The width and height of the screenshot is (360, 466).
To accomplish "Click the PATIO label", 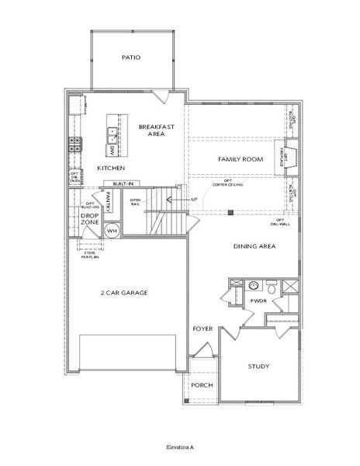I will point(131,57).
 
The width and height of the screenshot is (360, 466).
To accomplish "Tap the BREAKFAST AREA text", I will point(154,130).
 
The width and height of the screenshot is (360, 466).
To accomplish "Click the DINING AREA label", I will point(254,247).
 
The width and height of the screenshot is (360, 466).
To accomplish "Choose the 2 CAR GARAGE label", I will point(123,293).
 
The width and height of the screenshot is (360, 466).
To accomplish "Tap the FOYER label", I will point(202,329).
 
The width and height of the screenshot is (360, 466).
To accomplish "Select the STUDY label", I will point(258,366).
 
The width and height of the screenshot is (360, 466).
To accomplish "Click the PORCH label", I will point(202,386).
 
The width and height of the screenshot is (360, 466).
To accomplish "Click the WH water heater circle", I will point(111,231).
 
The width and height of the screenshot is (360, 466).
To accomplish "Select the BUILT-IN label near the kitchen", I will point(122,184).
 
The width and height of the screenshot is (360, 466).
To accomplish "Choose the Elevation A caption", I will point(179,448).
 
